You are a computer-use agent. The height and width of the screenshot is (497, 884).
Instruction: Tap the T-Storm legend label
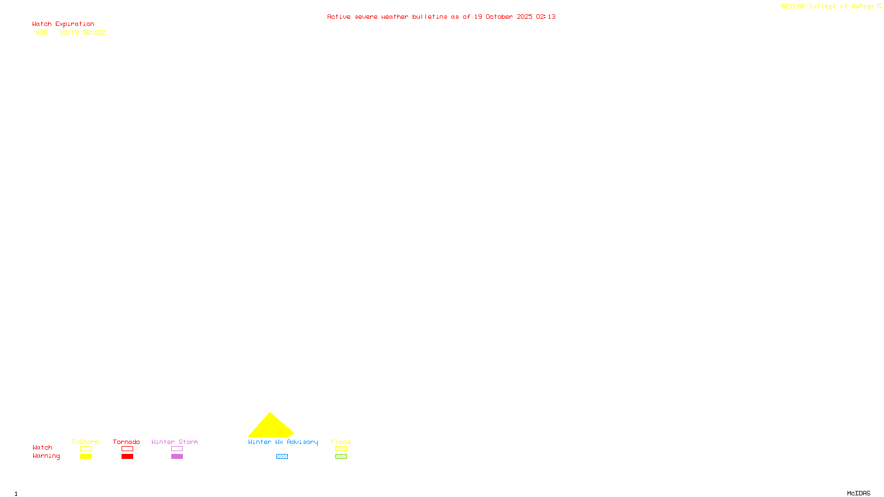pos(85,442)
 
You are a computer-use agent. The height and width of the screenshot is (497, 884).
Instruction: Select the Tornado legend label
pos(127,442)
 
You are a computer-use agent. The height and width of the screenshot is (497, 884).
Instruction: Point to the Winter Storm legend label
pos(175,442)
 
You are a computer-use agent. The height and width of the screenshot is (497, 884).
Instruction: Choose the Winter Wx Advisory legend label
pos(283,442)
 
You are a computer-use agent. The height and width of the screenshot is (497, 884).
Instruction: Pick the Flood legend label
pos(341,442)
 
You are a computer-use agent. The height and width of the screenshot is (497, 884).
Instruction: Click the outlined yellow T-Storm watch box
pos(86,449)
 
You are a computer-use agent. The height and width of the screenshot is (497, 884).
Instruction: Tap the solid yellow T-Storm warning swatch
pos(86,457)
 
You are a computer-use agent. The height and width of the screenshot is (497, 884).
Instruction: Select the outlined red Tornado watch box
pos(127,449)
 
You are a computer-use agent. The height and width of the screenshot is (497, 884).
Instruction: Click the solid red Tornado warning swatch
pos(127,457)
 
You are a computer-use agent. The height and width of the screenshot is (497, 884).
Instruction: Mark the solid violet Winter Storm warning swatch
pos(177,457)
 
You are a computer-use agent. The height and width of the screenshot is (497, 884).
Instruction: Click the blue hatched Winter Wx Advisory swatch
pos(282,457)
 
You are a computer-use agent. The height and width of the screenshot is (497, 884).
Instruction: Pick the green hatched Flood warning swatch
pos(341,457)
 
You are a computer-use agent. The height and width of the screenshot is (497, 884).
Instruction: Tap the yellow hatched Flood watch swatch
pos(341,449)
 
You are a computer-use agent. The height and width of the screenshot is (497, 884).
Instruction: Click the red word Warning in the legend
pos(46,456)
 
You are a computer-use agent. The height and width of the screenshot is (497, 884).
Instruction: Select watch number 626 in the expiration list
pos(42,33)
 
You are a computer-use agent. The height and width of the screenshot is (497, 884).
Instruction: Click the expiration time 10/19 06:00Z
pos(82,33)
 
